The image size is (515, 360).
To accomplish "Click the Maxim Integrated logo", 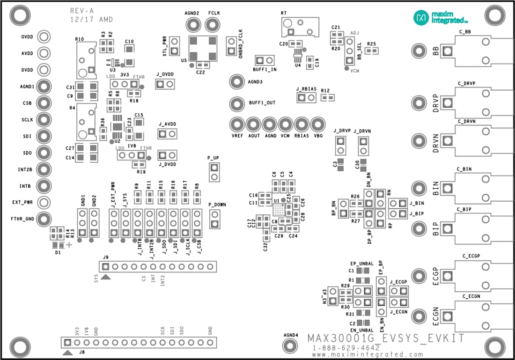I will [441, 18].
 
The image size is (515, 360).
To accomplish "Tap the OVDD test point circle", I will [44, 37].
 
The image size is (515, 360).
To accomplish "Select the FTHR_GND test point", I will [44, 219].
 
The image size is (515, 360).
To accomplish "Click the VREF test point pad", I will [237, 125].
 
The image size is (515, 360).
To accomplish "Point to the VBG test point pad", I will [318, 125].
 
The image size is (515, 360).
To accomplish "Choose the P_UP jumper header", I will [214, 172].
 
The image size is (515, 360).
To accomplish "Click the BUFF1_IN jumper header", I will [265, 60].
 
